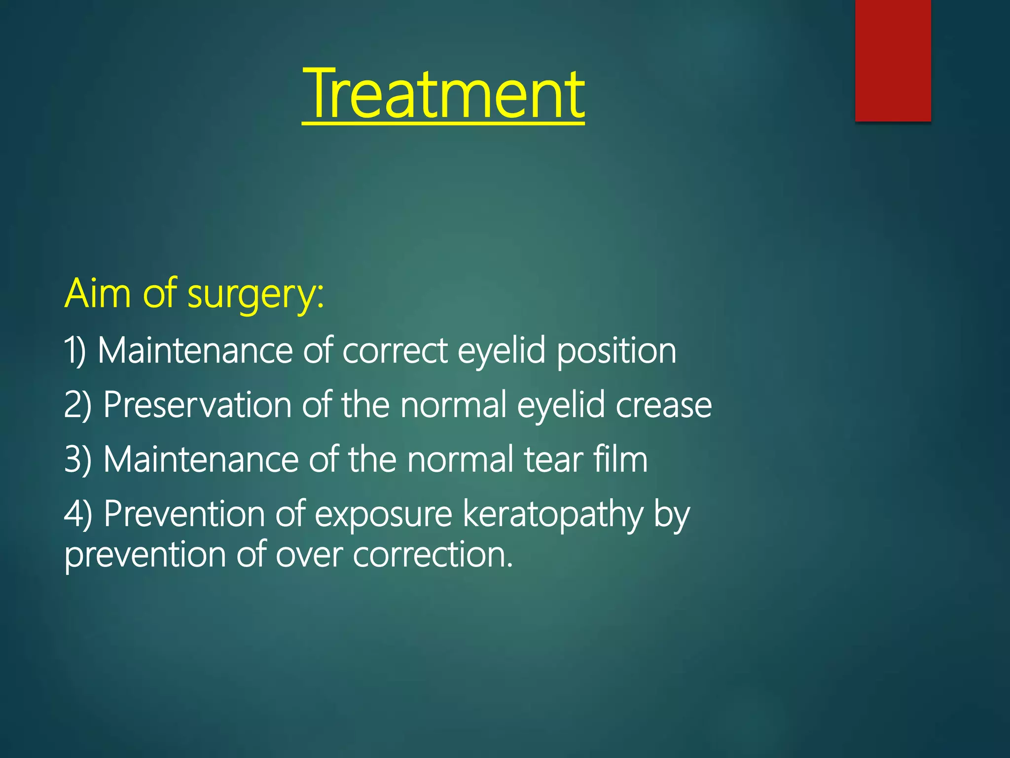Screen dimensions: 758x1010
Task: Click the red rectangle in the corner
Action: (x=893, y=60)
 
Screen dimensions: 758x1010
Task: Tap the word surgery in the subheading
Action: (x=255, y=295)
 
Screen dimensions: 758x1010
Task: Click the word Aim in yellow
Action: (x=98, y=293)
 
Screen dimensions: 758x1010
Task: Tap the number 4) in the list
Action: (x=78, y=514)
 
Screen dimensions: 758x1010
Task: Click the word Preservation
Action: (x=197, y=405)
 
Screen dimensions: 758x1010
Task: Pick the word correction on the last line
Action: (x=433, y=555)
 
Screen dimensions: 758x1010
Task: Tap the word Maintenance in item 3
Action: (x=200, y=459)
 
